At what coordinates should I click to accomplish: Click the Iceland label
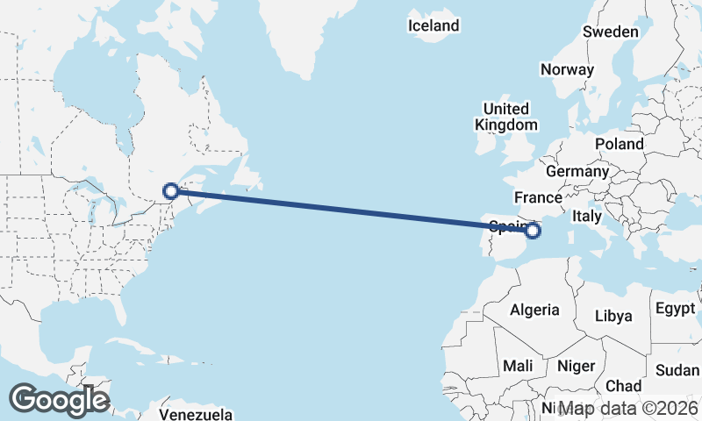pos(433,25)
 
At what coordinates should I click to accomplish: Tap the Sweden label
pos(611,32)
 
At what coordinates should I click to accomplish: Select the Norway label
pos(568,69)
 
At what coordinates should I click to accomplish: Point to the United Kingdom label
pos(506,117)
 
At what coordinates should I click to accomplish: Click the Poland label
pos(619,144)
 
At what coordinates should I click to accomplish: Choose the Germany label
pos(577,171)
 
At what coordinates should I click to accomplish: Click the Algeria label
pos(534,310)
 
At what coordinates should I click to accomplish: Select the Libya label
pos(613,316)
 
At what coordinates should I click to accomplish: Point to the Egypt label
pos(675,308)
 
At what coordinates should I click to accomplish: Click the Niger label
pos(576,366)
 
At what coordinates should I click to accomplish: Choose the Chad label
pos(623,385)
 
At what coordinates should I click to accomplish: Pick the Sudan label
pos(677,369)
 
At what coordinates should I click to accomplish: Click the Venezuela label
pos(197,412)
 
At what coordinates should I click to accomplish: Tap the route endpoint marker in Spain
pos(533,231)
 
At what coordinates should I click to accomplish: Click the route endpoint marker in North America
pos(171,190)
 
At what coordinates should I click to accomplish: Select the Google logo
pos(59,400)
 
